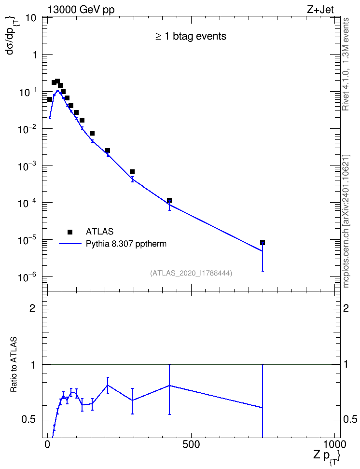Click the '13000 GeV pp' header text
point(81,10)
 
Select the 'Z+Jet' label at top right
point(320,10)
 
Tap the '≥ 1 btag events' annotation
point(191,36)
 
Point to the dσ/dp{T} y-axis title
point(12,36)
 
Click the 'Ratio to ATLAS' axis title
point(14,364)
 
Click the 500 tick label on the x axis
point(191,444)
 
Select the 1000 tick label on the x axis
point(334,444)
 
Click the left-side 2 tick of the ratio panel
point(32,308)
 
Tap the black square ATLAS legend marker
point(70,232)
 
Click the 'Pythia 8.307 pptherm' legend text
point(126,244)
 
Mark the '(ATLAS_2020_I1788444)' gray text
point(191,273)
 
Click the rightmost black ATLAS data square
point(263,243)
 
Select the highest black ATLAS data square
point(57,81)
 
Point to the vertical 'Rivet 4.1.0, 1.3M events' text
point(346,64)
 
